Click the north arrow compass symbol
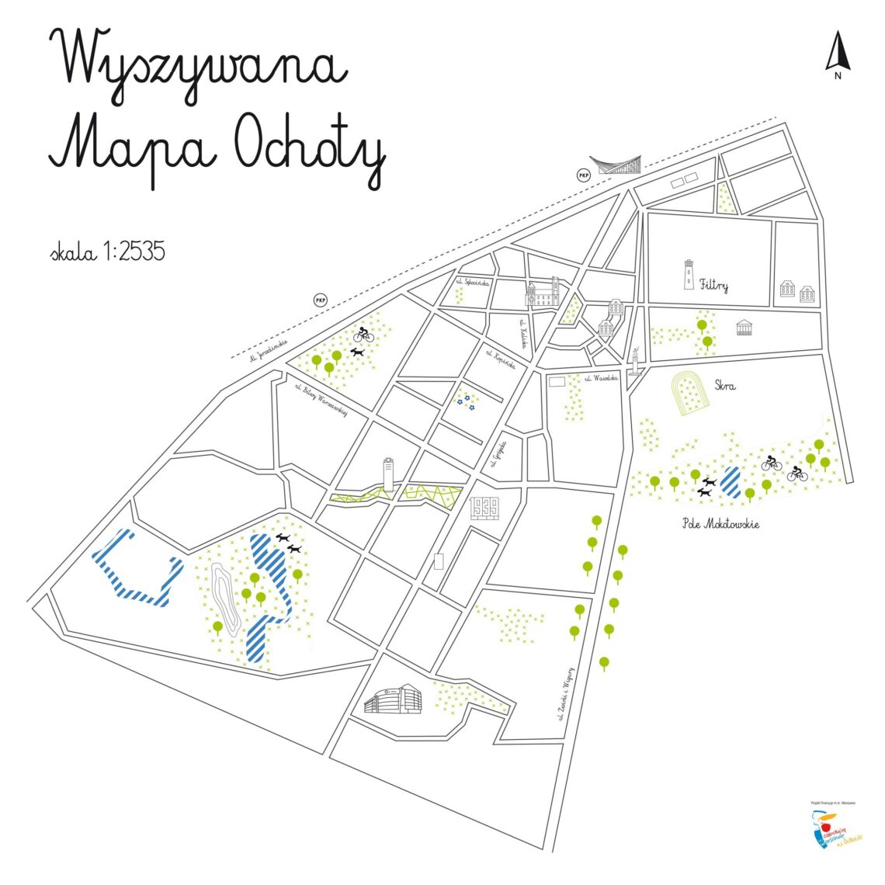(837, 54)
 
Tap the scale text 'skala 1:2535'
(107, 252)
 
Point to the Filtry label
(713, 285)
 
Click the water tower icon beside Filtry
(688, 275)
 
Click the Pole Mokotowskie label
(720, 524)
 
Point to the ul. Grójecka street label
(499, 454)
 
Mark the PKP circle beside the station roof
(583, 176)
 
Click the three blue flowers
(464, 401)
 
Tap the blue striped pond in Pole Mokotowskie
(731, 481)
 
